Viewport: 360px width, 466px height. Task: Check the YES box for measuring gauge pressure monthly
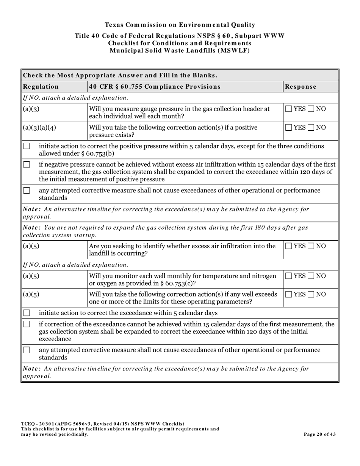(289, 109)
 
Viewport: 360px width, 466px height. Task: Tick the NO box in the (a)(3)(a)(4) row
(311, 128)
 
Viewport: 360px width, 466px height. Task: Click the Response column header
(301, 86)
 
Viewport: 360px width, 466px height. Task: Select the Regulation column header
(41, 86)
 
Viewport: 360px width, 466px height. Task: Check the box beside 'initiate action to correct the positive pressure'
(27, 146)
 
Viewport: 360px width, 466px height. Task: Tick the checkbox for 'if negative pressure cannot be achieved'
(27, 164)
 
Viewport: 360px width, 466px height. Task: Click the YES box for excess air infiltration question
(289, 246)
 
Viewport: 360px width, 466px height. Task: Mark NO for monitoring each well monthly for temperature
(311, 276)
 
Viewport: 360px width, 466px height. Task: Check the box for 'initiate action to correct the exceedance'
(27, 313)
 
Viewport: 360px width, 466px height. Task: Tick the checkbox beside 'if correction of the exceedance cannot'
(27, 324)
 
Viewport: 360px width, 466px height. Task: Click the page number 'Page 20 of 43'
(319, 434)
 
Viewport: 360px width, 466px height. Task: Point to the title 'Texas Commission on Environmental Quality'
(180, 25)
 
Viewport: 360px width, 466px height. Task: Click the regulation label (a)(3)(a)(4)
(39, 128)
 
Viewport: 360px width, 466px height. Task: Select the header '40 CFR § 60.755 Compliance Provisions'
(155, 86)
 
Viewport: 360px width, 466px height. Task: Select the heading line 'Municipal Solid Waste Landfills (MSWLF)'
(180, 50)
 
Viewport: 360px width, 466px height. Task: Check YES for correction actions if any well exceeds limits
(289, 294)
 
